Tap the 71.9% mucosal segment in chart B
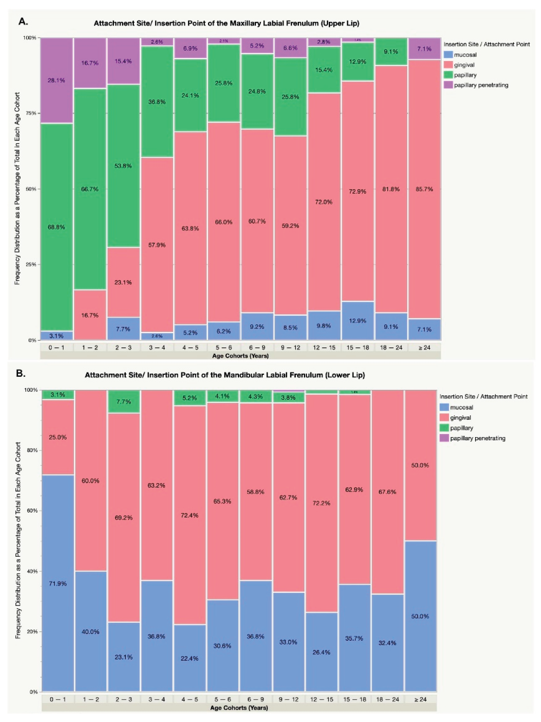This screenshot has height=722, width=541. point(58,584)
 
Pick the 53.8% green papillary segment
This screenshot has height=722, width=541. point(123,166)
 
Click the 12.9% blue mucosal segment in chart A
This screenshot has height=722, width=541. point(358,321)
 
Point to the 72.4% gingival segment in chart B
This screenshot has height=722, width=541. point(190,515)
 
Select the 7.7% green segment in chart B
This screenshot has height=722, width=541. point(124,401)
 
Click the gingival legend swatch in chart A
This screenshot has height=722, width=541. point(448,65)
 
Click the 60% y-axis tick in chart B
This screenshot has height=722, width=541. point(33,511)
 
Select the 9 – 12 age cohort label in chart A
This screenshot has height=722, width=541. point(290,348)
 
